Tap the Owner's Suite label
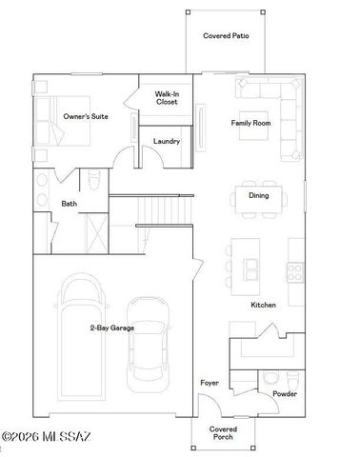[x=84, y=116]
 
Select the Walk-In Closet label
[x=167, y=98]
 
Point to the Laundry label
[x=167, y=143]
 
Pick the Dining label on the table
[x=258, y=196]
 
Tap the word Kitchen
[x=264, y=305]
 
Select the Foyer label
[x=209, y=383]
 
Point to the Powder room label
[x=285, y=393]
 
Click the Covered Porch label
[x=223, y=433]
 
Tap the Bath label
[x=70, y=204]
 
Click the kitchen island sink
[x=252, y=266]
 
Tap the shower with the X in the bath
[x=95, y=232]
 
